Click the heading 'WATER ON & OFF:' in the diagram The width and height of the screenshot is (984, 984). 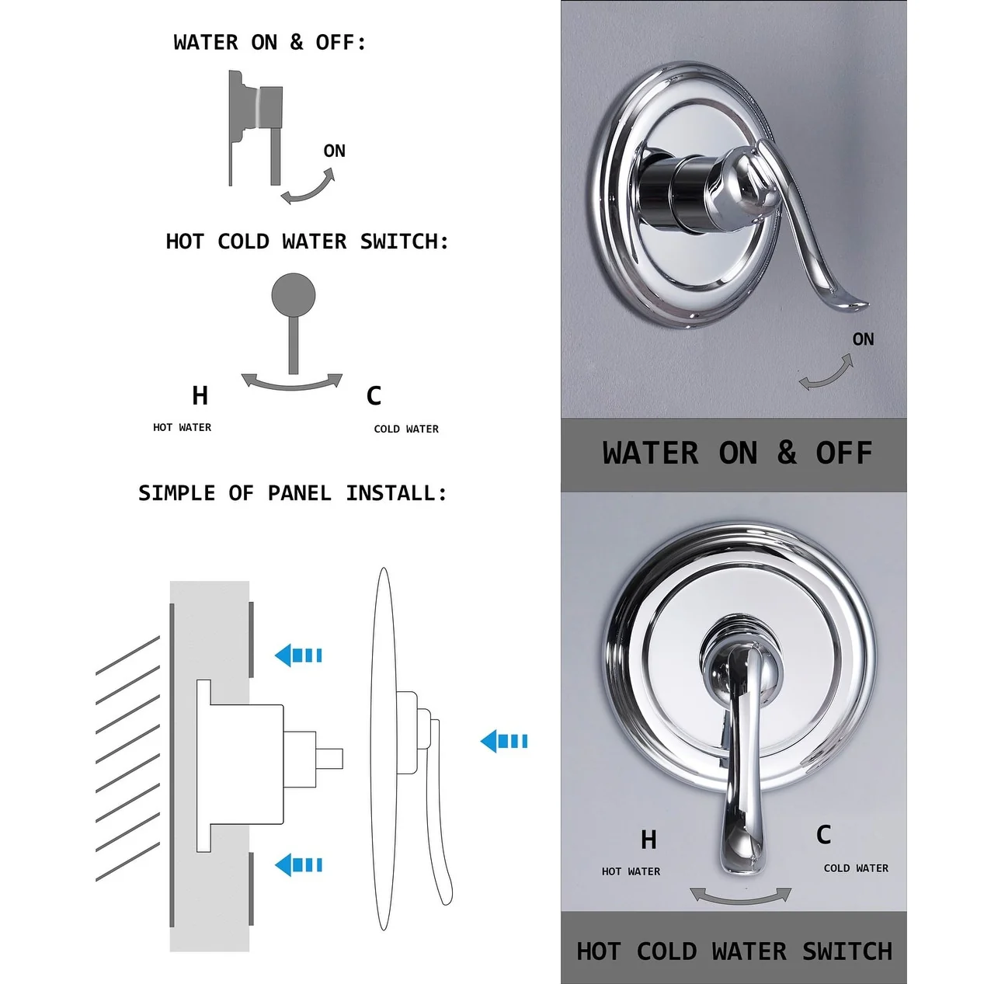point(269,43)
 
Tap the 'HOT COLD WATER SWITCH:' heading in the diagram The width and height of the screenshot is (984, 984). point(307,242)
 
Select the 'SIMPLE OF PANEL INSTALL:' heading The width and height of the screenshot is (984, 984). point(292,493)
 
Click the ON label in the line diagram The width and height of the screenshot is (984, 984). point(335,151)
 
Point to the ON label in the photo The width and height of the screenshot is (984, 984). point(863,339)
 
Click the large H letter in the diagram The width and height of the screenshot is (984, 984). point(200,395)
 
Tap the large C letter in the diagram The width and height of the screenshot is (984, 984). point(374,395)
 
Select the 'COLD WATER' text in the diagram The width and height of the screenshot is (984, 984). point(406,429)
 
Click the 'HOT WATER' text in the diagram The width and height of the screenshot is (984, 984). point(182,427)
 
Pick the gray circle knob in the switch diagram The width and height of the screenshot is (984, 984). point(293,294)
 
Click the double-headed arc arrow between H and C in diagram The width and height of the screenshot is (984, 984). point(291,385)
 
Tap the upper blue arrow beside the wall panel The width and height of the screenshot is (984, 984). point(298,655)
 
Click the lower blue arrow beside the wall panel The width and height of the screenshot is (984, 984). point(298,865)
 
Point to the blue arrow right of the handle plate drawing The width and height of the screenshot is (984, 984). point(504,741)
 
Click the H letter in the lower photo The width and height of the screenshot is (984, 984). point(648,840)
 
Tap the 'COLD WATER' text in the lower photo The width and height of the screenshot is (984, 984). point(856,868)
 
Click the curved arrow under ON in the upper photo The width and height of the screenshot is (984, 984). point(826,374)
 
